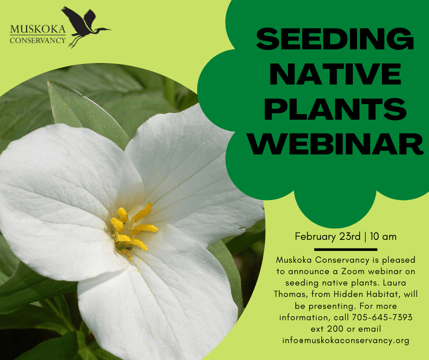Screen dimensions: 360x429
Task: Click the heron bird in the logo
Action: click(84, 25)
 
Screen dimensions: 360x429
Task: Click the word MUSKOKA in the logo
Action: click(38, 30)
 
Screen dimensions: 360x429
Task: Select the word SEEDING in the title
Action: click(335, 39)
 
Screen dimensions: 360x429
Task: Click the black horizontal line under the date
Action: click(346, 249)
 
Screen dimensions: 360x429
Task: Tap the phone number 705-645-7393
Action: click(382, 317)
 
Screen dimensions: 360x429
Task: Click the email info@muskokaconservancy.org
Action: click(345, 340)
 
